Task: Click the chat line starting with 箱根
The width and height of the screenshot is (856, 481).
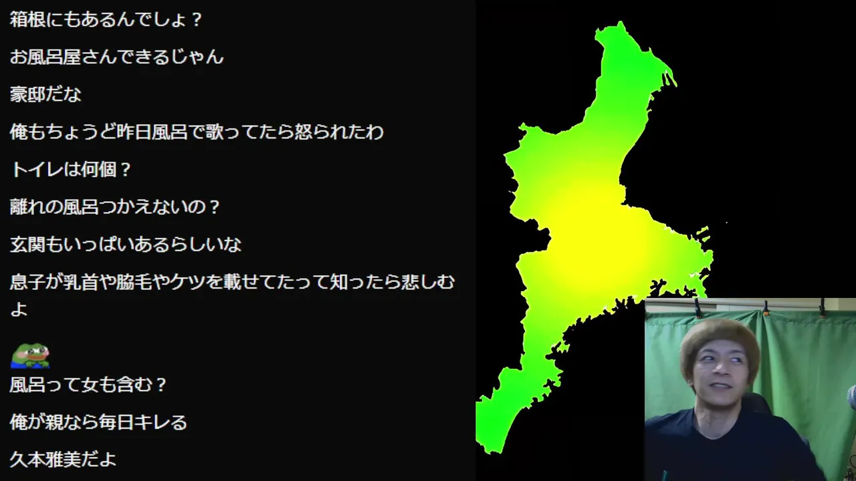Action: (x=106, y=19)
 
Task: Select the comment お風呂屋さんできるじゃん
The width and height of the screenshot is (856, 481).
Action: (x=116, y=57)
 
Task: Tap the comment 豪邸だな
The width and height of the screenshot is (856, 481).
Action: (x=45, y=94)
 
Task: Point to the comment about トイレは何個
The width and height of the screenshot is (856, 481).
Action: (x=71, y=169)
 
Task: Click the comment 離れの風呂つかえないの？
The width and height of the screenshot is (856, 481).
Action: (x=114, y=206)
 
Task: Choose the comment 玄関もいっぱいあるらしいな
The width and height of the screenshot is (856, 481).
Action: (x=126, y=245)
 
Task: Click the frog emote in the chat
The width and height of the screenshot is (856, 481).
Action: (x=30, y=356)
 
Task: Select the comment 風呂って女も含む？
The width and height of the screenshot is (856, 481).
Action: (x=88, y=384)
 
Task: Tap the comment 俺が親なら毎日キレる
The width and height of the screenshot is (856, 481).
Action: (x=98, y=422)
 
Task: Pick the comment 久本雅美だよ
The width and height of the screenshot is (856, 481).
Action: (x=63, y=459)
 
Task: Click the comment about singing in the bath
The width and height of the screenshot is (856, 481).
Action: (x=197, y=132)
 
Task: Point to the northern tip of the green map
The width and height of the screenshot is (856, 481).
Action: (x=621, y=22)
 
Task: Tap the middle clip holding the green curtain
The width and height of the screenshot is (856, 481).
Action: (x=766, y=309)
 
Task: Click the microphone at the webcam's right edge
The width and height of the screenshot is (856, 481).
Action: (x=852, y=397)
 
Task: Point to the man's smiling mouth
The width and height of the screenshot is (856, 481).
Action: (x=720, y=386)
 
